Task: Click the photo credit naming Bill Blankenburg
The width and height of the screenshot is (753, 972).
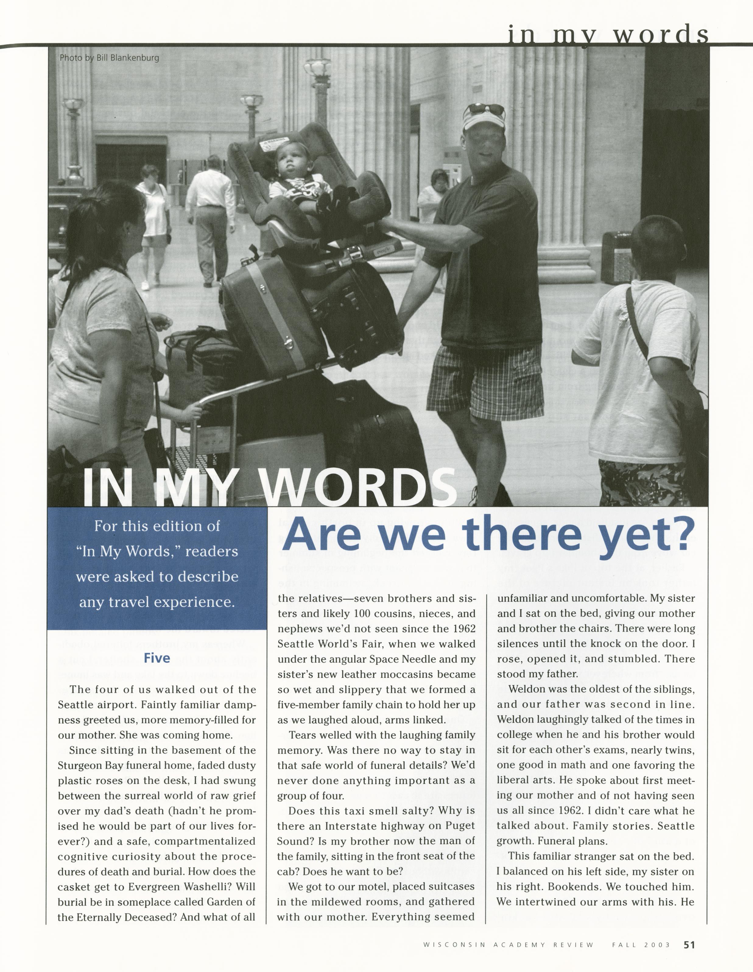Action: (x=109, y=58)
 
